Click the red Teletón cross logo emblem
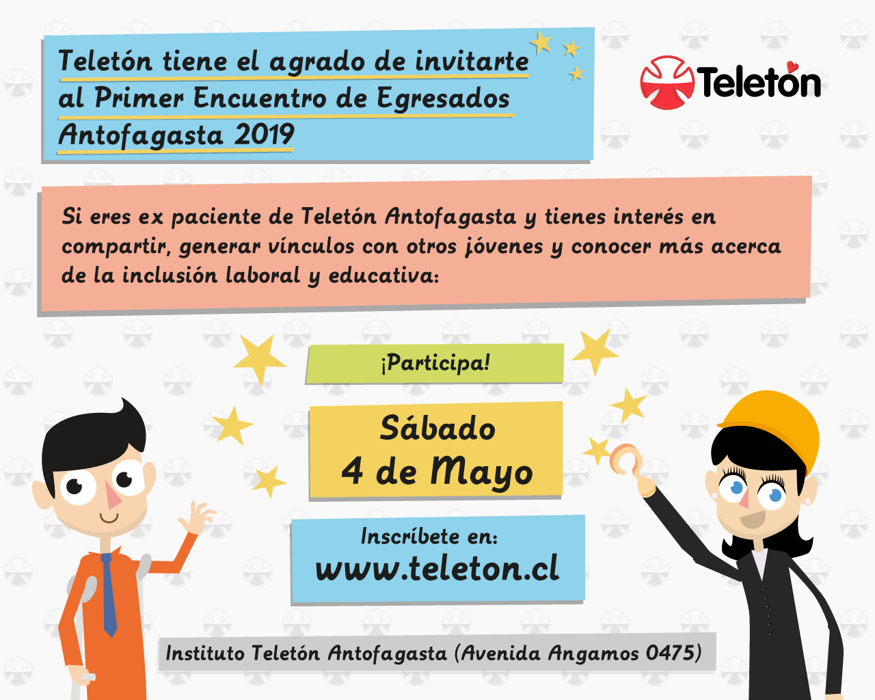(667, 83)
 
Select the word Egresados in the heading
(443, 99)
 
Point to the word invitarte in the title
(472, 62)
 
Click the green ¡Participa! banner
(435, 363)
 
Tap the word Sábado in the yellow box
(437, 428)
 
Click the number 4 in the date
(352, 472)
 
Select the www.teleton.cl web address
(437, 568)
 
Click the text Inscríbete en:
(429, 536)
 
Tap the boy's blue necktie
(109, 594)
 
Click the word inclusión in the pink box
(170, 275)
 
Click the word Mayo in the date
(481, 472)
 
